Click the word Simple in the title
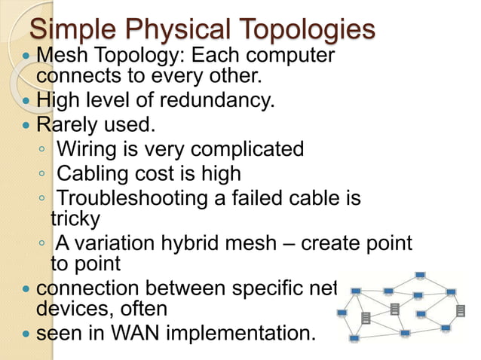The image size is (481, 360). tap(72, 30)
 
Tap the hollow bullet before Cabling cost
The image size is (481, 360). tap(44, 174)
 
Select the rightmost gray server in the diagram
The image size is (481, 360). tap(461, 310)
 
